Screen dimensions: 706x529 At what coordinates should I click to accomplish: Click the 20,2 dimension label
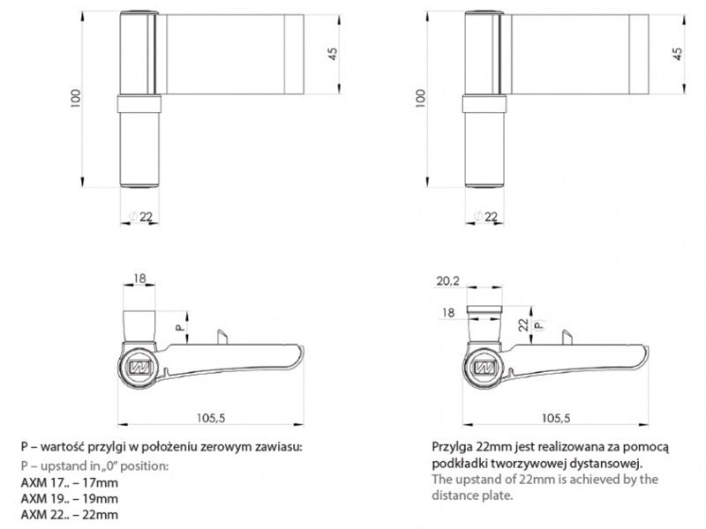click(447, 281)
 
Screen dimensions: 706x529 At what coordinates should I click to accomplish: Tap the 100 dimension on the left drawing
click(76, 98)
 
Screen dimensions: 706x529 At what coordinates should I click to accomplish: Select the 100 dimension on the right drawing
click(420, 98)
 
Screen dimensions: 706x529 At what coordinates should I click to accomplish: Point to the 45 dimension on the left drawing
click(333, 54)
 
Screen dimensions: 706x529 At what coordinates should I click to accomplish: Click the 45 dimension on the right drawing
click(677, 54)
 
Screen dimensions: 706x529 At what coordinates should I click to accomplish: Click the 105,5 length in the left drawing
click(211, 418)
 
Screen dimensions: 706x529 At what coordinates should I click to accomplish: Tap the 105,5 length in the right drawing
click(556, 418)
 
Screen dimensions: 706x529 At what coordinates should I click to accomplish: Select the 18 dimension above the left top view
click(139, 279)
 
